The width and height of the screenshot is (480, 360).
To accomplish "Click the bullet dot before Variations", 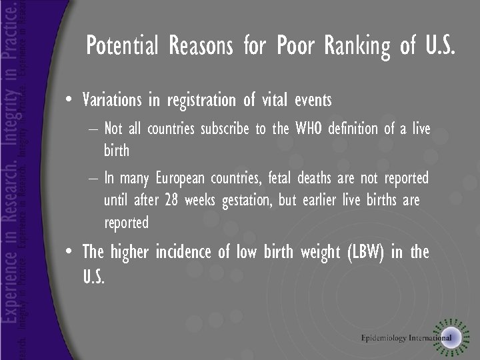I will click(69, 101).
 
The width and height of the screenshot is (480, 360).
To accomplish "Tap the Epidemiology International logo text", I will click(406, 337).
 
